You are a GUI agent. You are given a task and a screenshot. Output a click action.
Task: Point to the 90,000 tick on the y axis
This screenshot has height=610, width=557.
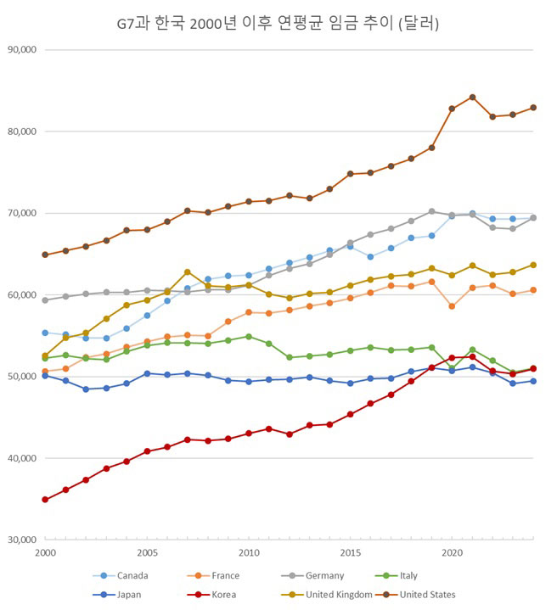click(x=23, y=49)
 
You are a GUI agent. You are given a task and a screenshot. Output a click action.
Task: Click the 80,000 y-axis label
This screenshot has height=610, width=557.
click(x=23, y=132)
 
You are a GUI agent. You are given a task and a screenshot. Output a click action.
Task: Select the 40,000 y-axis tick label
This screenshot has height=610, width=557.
click(x=23, y=458)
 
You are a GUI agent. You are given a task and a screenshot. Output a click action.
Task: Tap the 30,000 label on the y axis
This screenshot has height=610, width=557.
click(x=23, y=540)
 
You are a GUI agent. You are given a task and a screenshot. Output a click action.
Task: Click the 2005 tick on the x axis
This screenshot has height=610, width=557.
click(x=146, y=553)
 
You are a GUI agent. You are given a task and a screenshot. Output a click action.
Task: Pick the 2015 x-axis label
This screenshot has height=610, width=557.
click(x=350, y=553)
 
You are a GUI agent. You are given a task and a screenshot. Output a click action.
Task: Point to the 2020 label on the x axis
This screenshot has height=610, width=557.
click(x=452, y=553)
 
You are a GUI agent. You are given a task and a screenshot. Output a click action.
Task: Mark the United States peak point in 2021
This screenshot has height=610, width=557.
click(x=472, y=98)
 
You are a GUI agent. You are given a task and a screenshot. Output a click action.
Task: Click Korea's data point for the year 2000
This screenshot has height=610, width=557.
click(x=45, y=500)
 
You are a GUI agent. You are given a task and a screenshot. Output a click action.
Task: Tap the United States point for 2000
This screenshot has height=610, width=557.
click(x=45, y=255)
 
